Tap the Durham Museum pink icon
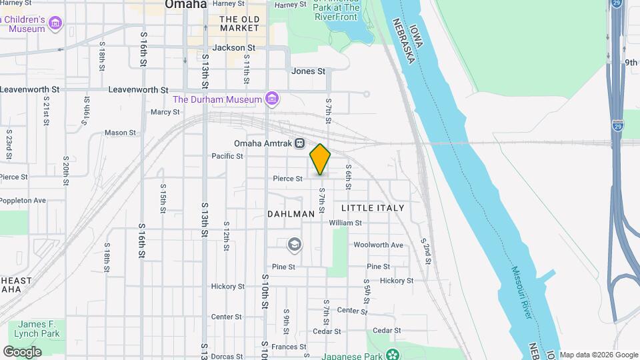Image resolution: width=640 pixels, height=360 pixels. point(271,99)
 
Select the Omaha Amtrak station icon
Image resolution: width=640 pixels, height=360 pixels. point(300,143)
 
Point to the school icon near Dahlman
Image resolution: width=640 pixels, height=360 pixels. point(294,245)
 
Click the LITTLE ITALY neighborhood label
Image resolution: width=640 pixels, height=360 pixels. point(373,208)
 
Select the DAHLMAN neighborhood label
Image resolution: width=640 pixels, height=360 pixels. point(291,214)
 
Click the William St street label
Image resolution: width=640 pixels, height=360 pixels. point(345,223)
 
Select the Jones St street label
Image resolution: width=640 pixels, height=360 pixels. point(308,71)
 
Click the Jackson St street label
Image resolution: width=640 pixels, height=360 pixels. point(233,48)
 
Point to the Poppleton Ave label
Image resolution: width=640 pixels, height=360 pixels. point(23,200)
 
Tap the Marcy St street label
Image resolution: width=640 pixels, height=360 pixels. point(161,112)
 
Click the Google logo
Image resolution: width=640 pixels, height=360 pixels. point(22,352)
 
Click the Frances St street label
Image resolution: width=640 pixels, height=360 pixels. point(289,347)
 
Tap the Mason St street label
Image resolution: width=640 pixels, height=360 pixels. point(120,133)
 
